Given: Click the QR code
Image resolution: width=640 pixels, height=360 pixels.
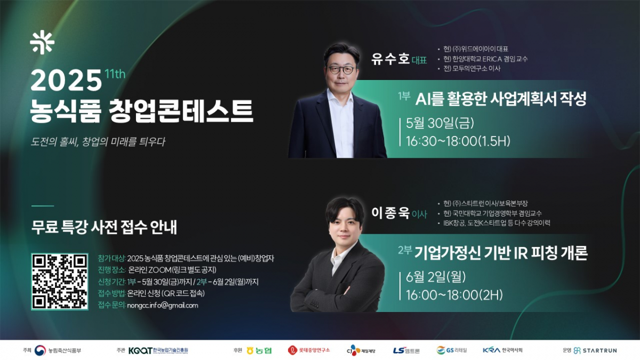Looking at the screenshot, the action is [59, 282].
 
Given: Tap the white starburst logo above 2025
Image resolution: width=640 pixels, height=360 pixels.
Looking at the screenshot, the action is [42, 42].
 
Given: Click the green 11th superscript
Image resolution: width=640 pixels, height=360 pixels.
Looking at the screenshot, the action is [115, 74].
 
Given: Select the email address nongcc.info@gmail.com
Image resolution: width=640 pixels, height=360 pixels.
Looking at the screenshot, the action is [162, 306].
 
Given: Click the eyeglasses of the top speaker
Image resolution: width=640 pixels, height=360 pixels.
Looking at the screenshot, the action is [341, 69].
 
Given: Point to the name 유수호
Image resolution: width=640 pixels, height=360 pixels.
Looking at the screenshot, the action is [390, 59].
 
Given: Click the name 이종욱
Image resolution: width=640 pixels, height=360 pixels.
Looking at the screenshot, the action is [390, 213].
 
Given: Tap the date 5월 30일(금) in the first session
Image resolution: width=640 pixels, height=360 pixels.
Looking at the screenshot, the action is [439, 123].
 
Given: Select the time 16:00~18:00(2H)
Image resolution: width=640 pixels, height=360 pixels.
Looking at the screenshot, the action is [454, 295].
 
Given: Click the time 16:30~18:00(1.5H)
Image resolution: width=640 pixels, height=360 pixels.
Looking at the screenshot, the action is [458, 141].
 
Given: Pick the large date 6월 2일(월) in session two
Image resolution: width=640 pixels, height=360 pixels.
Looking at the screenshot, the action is [436, 277].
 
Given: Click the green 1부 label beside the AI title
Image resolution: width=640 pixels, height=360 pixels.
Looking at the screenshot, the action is [404, 96].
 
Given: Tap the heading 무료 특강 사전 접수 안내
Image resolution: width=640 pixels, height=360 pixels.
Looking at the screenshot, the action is [104, 227].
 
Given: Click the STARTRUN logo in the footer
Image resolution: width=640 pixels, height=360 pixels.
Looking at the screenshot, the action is [595, 350].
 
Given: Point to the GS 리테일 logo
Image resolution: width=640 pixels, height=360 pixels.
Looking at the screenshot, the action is [452, 350].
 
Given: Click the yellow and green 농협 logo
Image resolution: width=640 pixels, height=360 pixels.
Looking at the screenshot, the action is [259, 350].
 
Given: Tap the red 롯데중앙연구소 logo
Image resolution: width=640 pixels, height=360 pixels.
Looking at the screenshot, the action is [309, 350].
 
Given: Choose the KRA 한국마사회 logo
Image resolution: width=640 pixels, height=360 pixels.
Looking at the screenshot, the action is [502, 350].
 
